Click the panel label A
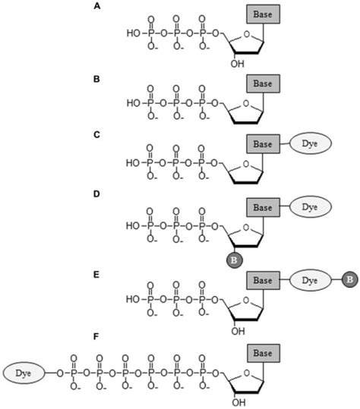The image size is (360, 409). (x=96, y=6)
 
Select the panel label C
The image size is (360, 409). (x=96, y=134)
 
